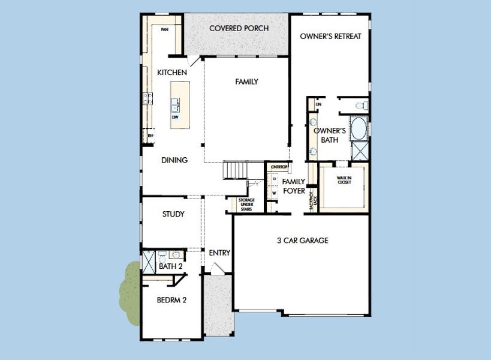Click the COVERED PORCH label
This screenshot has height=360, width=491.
click(x=239, y=28)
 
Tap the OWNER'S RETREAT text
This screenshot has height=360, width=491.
click(x=330, y=36)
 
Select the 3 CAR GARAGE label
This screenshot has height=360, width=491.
click(x=302, y=241)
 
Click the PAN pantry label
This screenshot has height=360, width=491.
click(x=164, y=28)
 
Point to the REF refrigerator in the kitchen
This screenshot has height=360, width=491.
click(x=150, y=136)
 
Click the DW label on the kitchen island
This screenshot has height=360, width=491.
click(x=176, y=117)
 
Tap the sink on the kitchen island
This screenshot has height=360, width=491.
click(x=176, y=105)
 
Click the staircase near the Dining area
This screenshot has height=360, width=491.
click(x=236, y=170)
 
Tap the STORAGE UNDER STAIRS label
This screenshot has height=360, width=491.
click(x=246, y=205)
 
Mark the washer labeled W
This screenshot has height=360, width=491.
click(x=274, y=193)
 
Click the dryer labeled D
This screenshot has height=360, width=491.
click(x=274, y=179)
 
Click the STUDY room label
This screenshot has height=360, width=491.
click(x=173, y=214)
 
